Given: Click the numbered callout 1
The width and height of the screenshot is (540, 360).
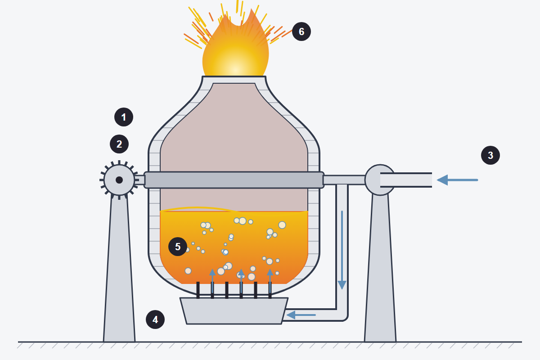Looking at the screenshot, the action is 124,117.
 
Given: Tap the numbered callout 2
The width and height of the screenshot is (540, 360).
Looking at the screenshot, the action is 119,144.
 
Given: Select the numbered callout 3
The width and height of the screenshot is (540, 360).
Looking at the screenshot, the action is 490,155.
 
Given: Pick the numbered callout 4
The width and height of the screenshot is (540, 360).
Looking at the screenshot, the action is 155,319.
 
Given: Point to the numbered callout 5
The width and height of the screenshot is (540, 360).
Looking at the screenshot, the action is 178,247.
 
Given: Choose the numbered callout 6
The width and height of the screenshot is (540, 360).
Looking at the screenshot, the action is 301,31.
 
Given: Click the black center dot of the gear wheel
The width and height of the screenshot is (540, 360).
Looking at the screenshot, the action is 119,180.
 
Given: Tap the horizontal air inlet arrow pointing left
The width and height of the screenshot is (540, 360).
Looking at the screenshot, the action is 457,180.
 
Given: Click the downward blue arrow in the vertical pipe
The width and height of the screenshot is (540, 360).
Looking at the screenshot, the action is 342,250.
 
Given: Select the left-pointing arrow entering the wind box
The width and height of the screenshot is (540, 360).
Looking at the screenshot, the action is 301,315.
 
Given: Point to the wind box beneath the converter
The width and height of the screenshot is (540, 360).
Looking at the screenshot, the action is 234,311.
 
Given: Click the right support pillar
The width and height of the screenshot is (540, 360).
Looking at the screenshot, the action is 380,268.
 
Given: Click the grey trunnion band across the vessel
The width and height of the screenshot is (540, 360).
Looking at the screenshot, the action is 234,180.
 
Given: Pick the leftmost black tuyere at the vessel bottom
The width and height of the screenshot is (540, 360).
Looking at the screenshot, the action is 198,290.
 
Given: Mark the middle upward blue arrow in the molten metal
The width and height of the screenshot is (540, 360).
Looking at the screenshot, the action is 241,281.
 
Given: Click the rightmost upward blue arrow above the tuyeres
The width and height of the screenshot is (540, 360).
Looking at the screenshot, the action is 270,281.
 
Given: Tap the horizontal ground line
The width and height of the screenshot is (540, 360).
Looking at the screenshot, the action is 270,342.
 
